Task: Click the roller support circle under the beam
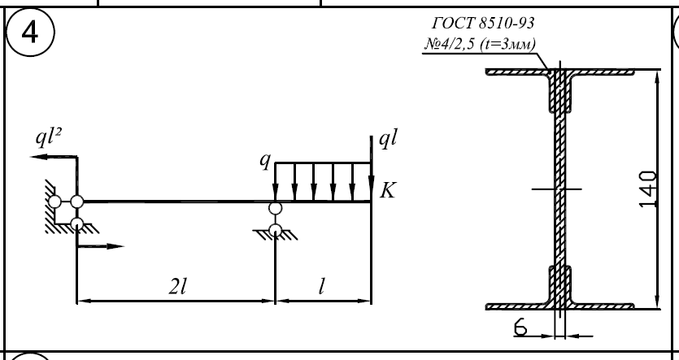pos(276,209)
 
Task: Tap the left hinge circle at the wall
pos(54,201)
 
